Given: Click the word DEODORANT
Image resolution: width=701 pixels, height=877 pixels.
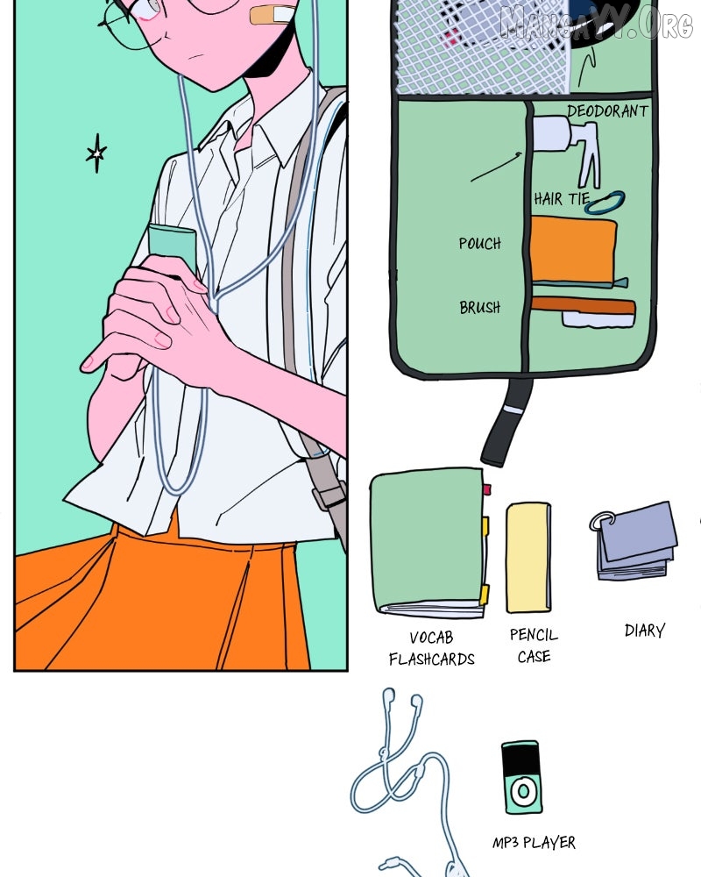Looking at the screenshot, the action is pyautogui.click(x=607, y=111).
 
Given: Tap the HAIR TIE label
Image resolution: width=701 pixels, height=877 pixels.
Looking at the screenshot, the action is pyautogui.click(x=562, y=199).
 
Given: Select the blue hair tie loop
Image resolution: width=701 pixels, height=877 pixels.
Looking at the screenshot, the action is pyautogui.click(x=605, y=203).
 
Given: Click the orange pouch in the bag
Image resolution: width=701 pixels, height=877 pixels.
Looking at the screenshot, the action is pyautogui.click(x=574, y=250).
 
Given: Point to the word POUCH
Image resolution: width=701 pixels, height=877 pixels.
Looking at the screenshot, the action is pyautogui.click(x=479, y=243).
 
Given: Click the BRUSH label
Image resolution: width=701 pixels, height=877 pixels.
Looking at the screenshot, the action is pyautogui.click(x=479, y=307).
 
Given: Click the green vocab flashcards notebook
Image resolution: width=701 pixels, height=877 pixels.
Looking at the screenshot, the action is pyautogui.click(x=428, y=541).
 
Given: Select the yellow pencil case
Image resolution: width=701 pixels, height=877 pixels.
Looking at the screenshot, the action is pyautogui.click(x=528, y=558).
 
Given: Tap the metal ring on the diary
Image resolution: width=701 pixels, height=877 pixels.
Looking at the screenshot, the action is pyautogui.click(x=601, y=522).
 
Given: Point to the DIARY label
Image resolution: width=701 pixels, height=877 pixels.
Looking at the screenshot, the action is pyautogui.click(x=645, y=631).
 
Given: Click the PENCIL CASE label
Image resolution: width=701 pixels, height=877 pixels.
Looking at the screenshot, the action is pyautogui.click(x=534, y=645).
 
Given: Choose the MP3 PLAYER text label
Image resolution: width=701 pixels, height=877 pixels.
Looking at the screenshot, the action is pyautogui.click(x=534, y=842).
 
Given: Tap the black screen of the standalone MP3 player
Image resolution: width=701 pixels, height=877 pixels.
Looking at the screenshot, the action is pyautogui.click(x=520, y=759).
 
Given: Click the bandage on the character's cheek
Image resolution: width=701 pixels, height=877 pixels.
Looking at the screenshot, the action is pyautogui.click(x=273, y=15).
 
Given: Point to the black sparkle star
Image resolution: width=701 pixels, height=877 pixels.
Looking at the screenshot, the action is pyautogui.click(x=96, y=153).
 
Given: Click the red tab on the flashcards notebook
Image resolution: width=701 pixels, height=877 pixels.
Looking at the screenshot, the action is pyautogui.click(x=487, y=490).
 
